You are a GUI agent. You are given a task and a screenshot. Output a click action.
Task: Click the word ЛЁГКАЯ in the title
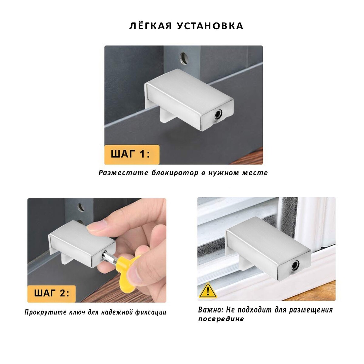point(150,26)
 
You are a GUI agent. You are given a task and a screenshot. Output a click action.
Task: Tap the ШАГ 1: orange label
point(132,154)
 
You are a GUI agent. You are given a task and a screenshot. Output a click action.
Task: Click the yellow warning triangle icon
point(208,291)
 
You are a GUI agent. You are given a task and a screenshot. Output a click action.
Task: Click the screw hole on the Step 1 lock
point(218,114)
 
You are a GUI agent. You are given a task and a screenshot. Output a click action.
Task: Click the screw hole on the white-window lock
point(295,265)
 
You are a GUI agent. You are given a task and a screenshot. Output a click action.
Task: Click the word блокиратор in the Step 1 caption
point(175,173)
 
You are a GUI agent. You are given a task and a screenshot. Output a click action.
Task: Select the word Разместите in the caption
point(123,173)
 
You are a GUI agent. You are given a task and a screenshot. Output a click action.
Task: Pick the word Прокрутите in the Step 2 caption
point(45,312)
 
